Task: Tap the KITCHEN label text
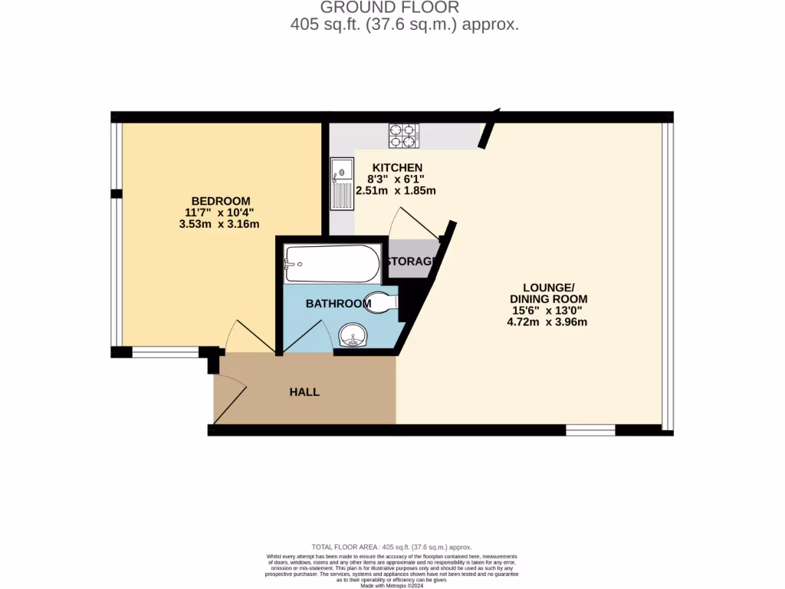397,168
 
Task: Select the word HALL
304,392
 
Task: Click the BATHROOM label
338,304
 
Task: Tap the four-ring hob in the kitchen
403,136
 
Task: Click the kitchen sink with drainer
342,184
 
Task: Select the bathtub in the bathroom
332,264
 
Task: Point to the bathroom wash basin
353,334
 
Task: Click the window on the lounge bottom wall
590,429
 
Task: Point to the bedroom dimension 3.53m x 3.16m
218,224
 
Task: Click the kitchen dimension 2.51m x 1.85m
396,190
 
